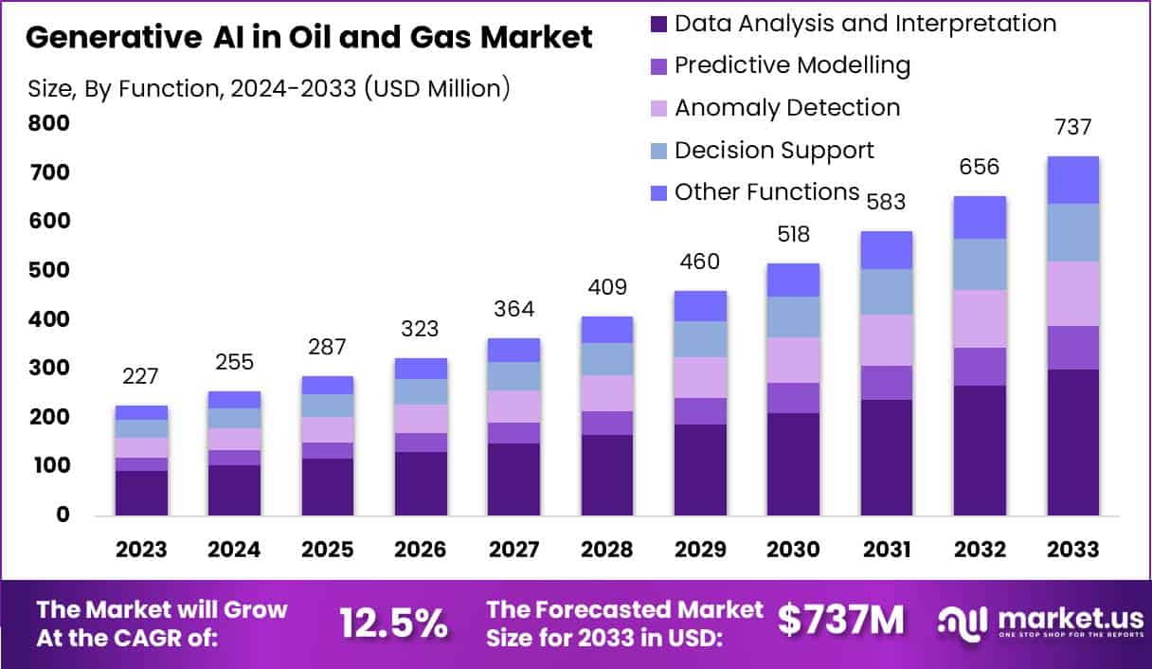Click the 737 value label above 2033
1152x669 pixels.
1072,128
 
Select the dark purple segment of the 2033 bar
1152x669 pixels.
1072,442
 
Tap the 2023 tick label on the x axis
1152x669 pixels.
141,551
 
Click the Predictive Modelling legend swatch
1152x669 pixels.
659,66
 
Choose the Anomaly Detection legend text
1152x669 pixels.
787,108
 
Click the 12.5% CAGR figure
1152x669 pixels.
393,623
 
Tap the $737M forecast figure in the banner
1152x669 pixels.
840,620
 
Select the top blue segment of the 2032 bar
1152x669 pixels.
980,217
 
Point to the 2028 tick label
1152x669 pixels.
606,551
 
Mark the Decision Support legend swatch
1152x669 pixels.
659,151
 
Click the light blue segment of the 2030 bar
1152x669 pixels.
793,316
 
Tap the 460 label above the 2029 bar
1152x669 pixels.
700,262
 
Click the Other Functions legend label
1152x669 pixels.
766,192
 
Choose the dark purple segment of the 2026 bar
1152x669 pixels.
421,483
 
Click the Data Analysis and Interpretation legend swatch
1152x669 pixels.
659,24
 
